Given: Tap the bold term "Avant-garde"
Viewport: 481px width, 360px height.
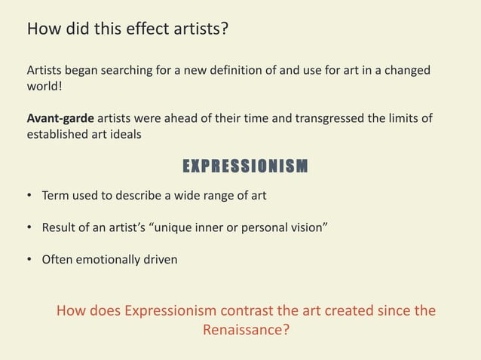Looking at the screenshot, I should [60, 119].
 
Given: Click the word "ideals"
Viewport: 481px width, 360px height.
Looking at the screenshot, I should [124, 136].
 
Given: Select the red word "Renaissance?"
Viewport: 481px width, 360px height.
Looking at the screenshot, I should [246, 330].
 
